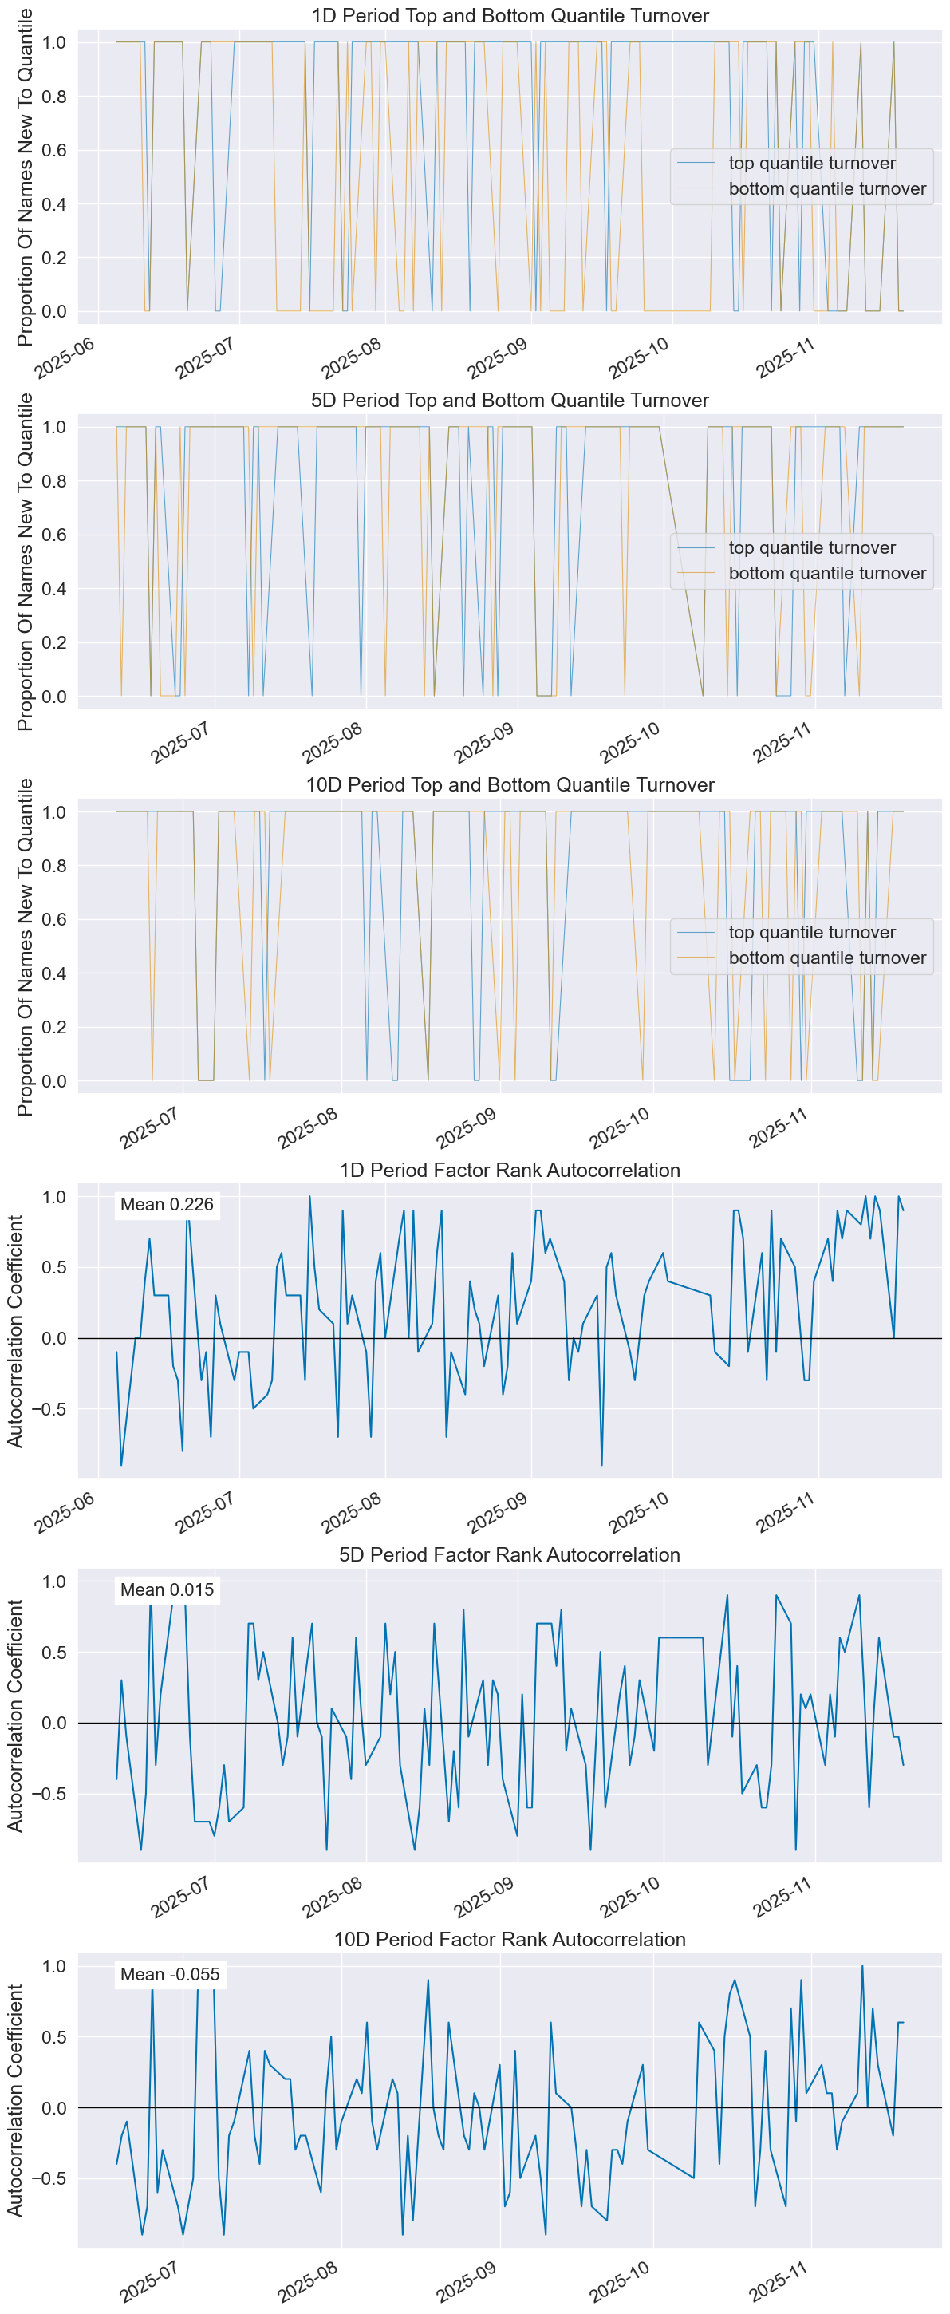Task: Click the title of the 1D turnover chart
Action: coord(510,15)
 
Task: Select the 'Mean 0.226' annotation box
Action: coord(167,1205)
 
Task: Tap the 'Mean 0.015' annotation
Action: coord(167,1590)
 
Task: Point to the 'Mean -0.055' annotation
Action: coord(170,1974)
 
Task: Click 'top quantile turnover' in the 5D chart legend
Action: coord(812,548)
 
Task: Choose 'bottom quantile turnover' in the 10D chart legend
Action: coord(827,958)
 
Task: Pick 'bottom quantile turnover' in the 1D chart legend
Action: coord(827,188)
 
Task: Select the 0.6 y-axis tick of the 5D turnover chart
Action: coord(54,535)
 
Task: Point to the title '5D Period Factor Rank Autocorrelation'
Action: coord(510,1555)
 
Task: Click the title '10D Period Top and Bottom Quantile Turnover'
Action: coord(510,785)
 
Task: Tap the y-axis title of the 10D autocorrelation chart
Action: coord(15,2100)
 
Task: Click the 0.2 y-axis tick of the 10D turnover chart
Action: coord(54,1027)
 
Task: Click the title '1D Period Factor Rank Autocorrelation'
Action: coord(510,1171)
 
